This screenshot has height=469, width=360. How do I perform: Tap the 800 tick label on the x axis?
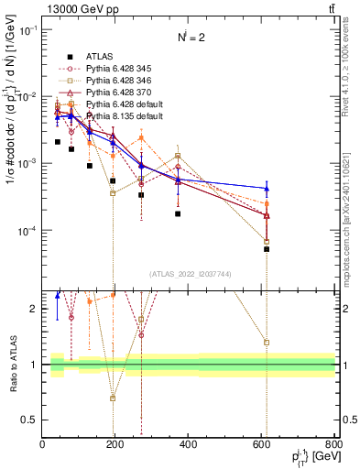click(332, 445)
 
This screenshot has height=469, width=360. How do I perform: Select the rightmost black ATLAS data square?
click(267, 249)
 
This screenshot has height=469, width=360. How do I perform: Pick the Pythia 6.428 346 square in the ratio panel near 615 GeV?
click(267, 343)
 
